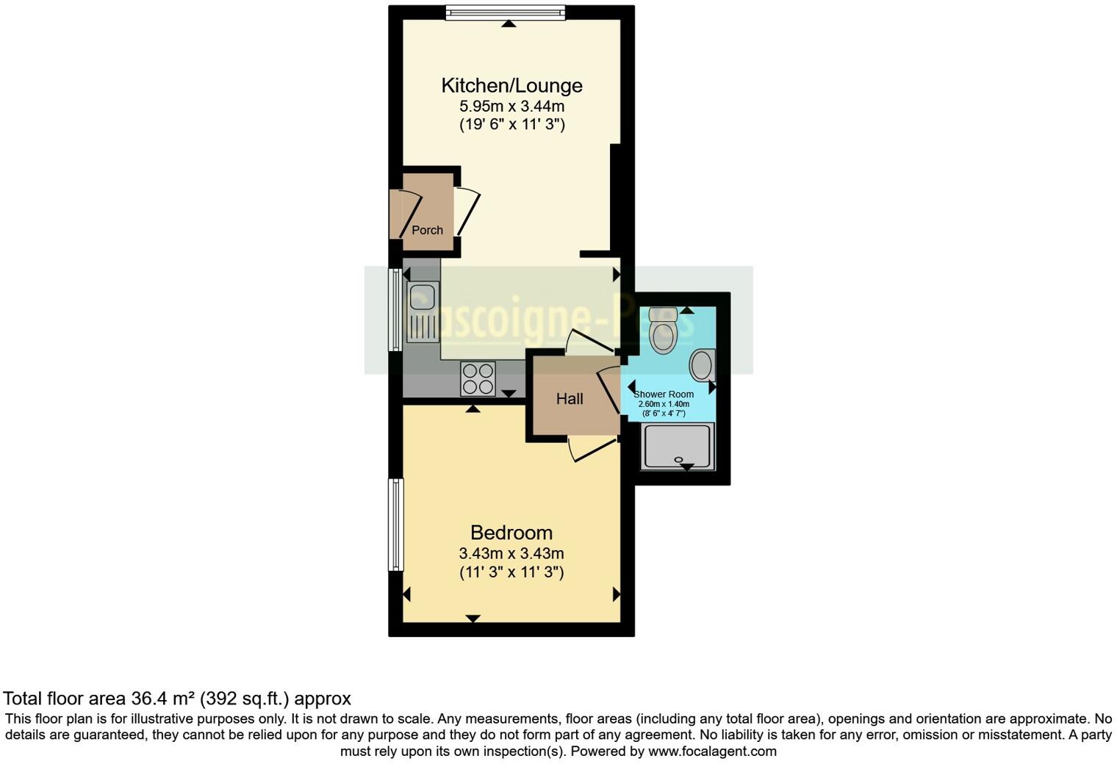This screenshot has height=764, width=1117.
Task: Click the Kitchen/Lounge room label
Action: click(511, 85)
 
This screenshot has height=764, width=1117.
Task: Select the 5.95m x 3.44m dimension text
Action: click(511, 106)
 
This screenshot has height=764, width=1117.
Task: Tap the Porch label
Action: click(427, 230)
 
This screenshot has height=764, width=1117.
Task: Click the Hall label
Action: click(570, 399)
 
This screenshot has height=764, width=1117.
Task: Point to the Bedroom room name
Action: click(511, 533)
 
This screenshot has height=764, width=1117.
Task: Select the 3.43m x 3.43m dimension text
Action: click(511, 553)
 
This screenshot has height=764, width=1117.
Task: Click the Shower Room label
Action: click(664, 394)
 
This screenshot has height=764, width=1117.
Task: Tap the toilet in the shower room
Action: click(663, 331)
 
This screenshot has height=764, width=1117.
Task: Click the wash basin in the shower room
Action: click(703, 365)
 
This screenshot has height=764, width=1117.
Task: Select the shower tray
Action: click(678, 447)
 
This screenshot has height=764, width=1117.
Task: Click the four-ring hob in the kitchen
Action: click(478, 379)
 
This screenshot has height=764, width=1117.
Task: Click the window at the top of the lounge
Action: click(505, 12)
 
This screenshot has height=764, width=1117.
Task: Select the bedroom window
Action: click(396, 525)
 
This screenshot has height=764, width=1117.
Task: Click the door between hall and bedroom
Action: click(592, 449)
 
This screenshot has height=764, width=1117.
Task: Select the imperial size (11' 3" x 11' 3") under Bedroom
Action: click(511, 572)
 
